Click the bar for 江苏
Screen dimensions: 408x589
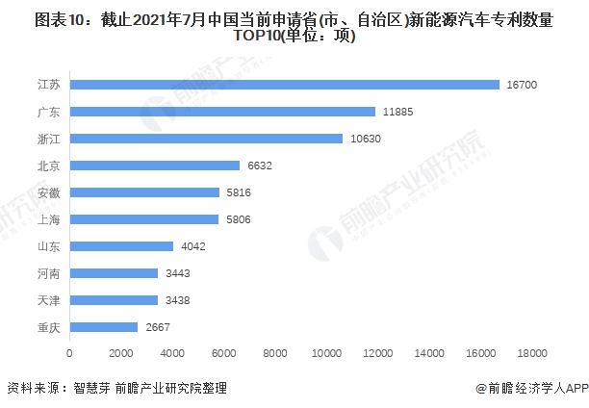pos(284,85)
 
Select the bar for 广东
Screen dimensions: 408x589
pos(222,112)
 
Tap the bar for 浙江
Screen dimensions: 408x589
pos(206,139)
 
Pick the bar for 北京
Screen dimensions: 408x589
pos(154,166)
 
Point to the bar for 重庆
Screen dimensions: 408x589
pos(103,327)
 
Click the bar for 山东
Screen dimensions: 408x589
pos(121,246)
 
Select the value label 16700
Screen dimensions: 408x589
pos(522,85)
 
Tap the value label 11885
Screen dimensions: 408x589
pos(397,112)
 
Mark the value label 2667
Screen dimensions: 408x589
pos(159,327)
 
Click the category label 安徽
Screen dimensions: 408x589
pos(48,192)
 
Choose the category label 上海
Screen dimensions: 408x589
pos(48,219)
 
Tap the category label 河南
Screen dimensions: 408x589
pos(48,273)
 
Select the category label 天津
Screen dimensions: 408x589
pos(48,300)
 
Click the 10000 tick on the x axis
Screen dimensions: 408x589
pos(326,353)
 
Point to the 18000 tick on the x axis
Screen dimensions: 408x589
pos(532,353)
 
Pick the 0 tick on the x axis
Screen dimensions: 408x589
pos(69,353)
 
